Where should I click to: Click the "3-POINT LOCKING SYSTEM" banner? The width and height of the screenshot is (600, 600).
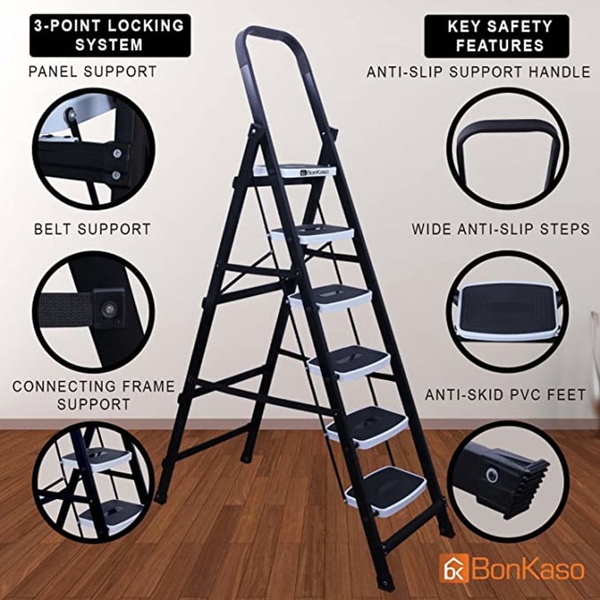pyautogui.click(x=110, y=36)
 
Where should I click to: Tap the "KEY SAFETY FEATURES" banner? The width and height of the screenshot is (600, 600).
pyautogui.click(x=497, y=37)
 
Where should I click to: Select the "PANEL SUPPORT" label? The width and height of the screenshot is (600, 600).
pyautogui.click(x=93, y=72)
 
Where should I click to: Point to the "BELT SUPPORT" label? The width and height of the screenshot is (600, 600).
pyautogui.click(x=92, y=229)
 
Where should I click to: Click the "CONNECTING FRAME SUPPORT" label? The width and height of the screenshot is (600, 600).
pyautogui.click(x=93, y=395)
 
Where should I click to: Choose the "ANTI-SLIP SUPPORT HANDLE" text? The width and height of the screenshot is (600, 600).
pyautogui.click(x=478, y=72)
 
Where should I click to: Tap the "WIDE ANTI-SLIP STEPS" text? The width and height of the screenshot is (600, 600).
pyautogui.click(x=501, y=229)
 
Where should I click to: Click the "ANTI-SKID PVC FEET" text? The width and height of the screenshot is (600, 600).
pyautogui.click(x=505, y=394)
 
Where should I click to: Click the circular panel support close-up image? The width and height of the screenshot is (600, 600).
pyautogui.click(x=93, y=149)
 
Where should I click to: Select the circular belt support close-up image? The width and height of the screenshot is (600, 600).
pyautogui.click(x=93, y=312)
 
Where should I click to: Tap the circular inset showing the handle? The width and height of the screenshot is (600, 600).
pyautogui.click(x=507, y=149)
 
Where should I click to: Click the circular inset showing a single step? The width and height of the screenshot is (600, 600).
pyautogui.click(x=507, y=312)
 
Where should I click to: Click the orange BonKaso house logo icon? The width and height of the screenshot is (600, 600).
pyautogui.click(x=454, y=568)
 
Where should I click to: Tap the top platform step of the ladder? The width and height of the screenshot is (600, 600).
pyautogui.click(x=295, y=170)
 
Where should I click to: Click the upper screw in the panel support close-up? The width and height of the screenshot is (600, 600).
pyautogui.click(x=117, y=153)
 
